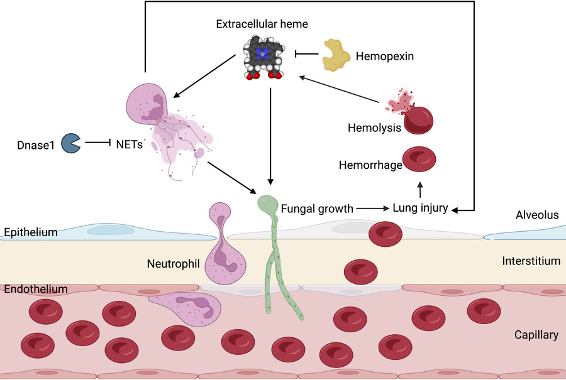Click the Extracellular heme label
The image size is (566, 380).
pos(262,25)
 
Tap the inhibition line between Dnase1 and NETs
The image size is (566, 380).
pos(98,143)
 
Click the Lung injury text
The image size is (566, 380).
pos(419,209)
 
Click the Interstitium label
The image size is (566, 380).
pos(531,260)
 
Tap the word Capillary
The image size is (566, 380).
pos(536,335)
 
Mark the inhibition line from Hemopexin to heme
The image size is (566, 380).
pos(306,55)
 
